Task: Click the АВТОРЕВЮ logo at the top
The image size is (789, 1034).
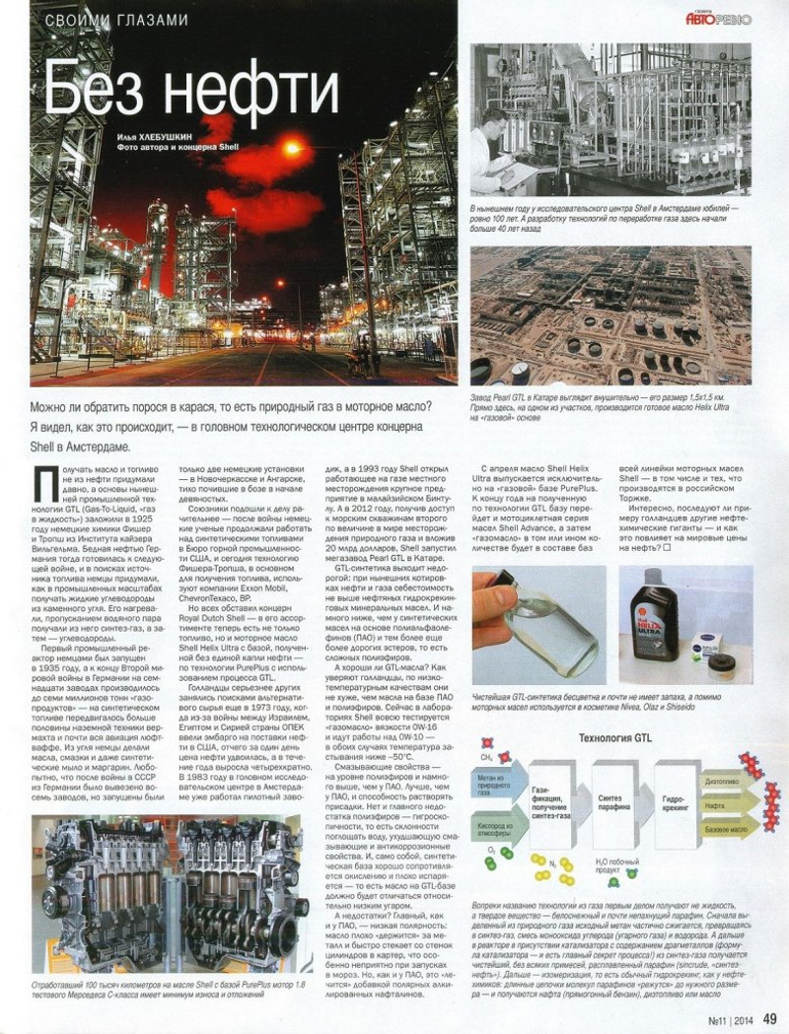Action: click(718, 17)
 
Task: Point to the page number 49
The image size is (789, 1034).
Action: click(770, 1018)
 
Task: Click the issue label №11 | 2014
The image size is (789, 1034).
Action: click(723, 1019)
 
